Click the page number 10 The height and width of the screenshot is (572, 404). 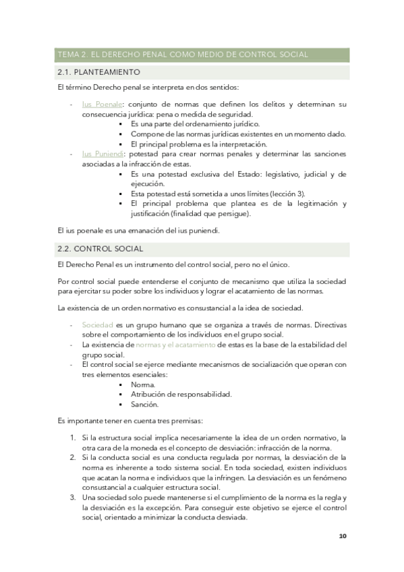[x=343, y=536]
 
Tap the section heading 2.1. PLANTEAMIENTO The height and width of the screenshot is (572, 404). [x=99, y=71]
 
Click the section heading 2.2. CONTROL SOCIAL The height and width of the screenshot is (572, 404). [x=100, y=249]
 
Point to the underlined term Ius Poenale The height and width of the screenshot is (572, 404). [x=102, y=105]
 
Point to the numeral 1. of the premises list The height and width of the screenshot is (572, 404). [x=74, y=438]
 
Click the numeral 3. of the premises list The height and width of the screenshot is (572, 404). [x=74, y=497]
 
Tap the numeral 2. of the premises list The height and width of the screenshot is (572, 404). [x=74, y=457]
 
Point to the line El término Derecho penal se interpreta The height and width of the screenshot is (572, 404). [x=144, y=88]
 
